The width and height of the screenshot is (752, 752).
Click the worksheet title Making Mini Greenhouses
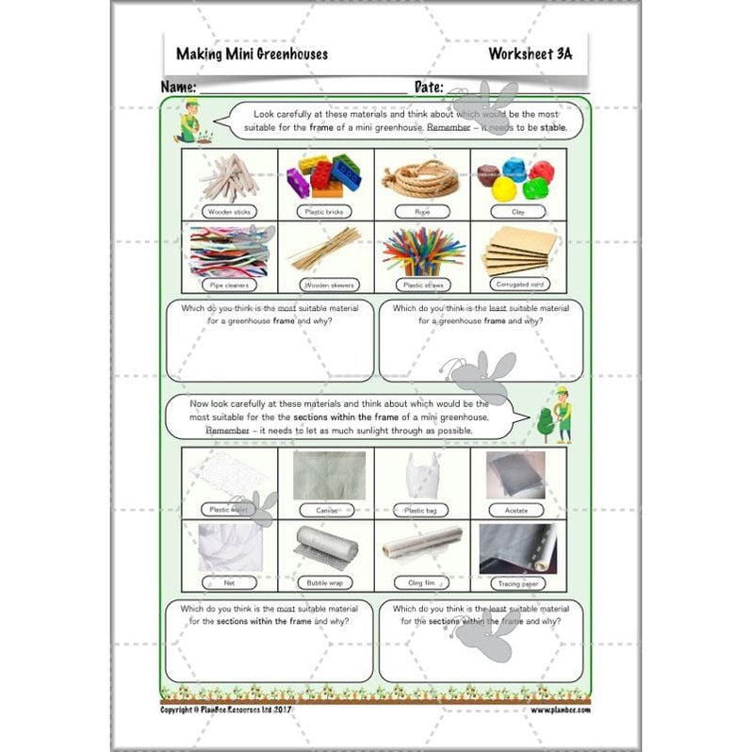(x=252, y=54)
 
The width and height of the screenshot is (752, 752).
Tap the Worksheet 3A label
(x=530, y=54)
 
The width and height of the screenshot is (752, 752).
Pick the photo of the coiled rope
(x=421, y=175)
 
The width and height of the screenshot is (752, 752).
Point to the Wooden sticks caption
(x=228, y=212)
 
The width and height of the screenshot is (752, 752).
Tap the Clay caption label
(x=517, y=212)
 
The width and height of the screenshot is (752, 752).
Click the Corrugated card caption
(x=517, y=283)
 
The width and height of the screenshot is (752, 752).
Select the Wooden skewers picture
(x=324, y=249)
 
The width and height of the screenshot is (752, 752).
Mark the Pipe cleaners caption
(x=228, y=284)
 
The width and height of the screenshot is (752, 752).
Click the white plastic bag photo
(x=420, y=475)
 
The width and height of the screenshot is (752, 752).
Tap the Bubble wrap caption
(x=324, y=583)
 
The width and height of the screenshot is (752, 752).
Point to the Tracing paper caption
(x=517, y=583)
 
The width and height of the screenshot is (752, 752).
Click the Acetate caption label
(x=517, y=510)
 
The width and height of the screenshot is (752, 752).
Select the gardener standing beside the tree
(x=564, y=416)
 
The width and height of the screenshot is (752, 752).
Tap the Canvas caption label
(x=324, y=510)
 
